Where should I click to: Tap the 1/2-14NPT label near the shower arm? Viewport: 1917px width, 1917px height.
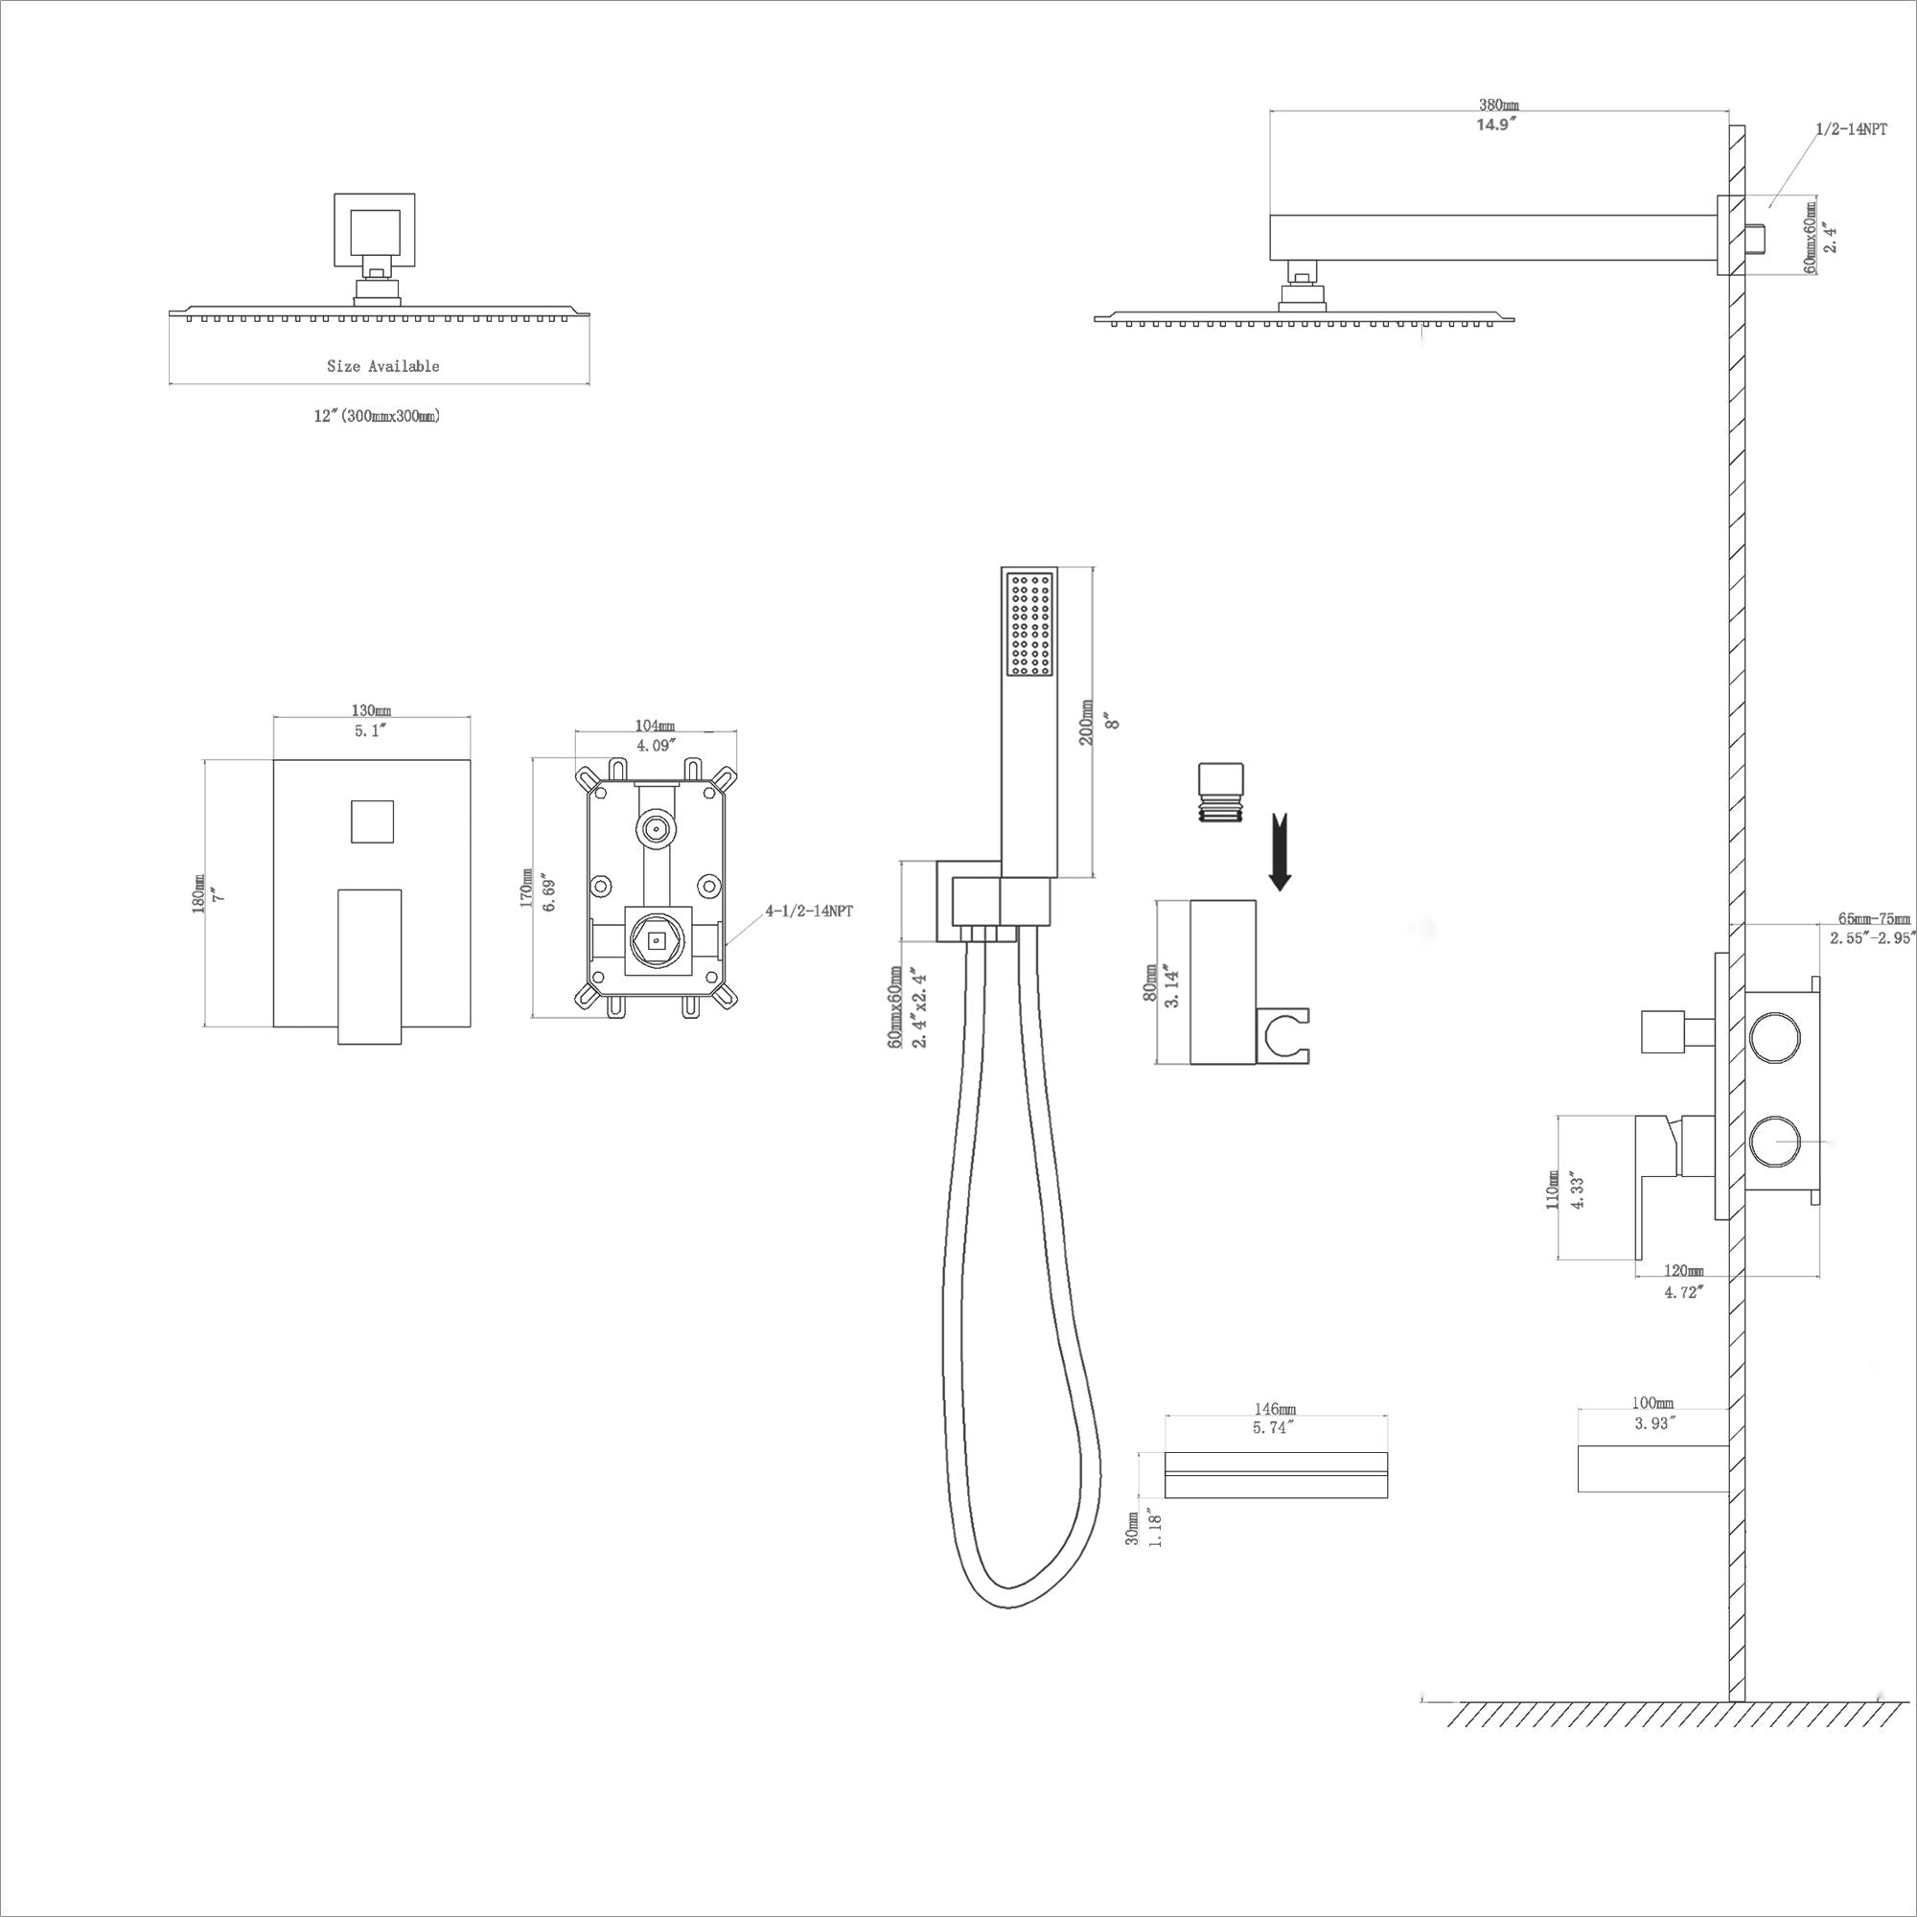[x=1852, y=130]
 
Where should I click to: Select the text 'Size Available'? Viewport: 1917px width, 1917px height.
[x=383, y=366]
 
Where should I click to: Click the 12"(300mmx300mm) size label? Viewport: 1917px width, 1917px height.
[x=377, y=416]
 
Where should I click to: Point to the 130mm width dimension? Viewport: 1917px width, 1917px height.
[x=370, y=710]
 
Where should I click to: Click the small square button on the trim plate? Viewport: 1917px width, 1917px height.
[x=371, y=820]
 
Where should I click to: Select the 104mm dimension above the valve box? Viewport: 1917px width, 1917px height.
[x=654, y=726]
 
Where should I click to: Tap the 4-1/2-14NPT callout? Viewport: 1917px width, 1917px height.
[x=809, y=910]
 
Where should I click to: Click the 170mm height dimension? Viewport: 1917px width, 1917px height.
[x=526, y=889]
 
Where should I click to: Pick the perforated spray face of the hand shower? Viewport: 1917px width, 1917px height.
[x=1028, y=625]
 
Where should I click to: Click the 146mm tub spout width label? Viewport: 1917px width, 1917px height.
[x=1275, y=1409]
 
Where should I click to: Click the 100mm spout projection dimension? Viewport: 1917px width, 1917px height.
[x=1652, y=1403]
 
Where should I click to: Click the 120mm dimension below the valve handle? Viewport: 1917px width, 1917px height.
[x=1683, y=1271]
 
